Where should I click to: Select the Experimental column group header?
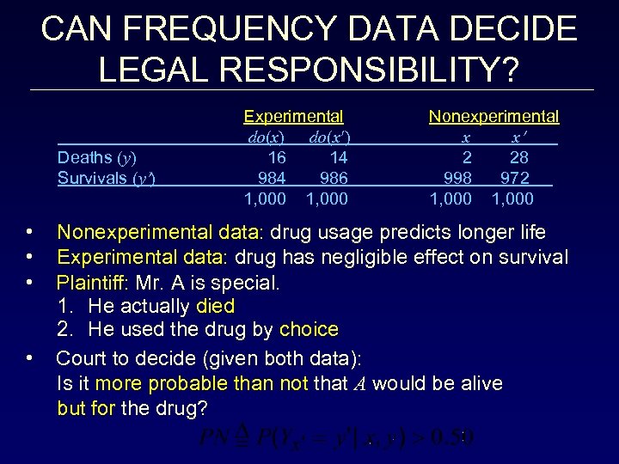293,116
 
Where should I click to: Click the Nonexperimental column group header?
493,116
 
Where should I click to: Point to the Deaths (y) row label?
96,157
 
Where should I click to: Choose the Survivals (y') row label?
106,178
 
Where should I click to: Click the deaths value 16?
277,157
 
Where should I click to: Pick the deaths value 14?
338,157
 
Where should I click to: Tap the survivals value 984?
273,178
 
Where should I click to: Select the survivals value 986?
334,178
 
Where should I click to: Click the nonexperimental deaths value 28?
518,157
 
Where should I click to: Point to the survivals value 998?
457,178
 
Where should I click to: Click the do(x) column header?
266,137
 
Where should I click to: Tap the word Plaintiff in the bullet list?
91,282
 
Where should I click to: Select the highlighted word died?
215,306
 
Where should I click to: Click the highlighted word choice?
309,329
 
